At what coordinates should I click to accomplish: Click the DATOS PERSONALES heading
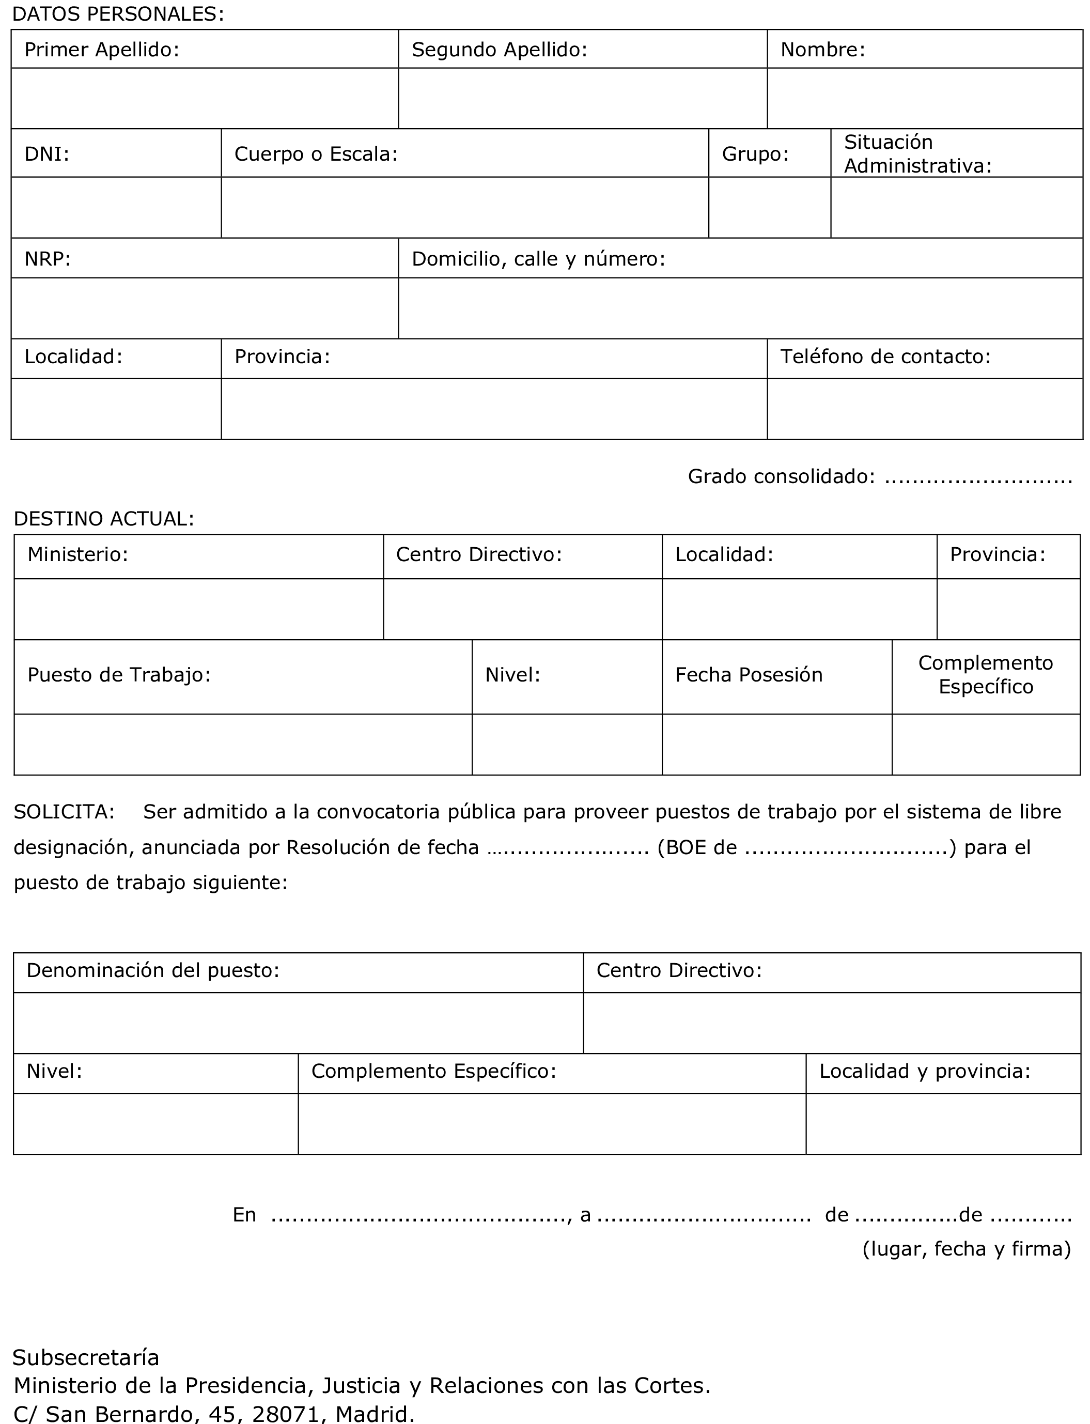pos(118,14)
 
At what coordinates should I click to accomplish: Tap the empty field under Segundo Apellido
pos(582,98)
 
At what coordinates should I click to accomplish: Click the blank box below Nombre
pos(925,98)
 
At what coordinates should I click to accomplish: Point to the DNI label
pos(46,154)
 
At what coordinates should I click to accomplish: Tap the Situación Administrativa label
pos(917,154)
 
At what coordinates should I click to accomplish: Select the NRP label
pos(48,259)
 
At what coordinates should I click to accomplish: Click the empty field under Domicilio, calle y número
pos(740,308)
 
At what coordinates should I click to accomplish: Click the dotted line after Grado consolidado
pos(978,477)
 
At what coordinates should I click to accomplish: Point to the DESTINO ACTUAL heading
pos(104,518)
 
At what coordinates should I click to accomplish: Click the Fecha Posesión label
pos(749,675)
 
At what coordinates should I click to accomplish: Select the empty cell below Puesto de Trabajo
pos(243,744)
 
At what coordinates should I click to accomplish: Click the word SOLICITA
pos(64,812)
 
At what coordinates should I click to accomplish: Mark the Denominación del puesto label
pos(152,970)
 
